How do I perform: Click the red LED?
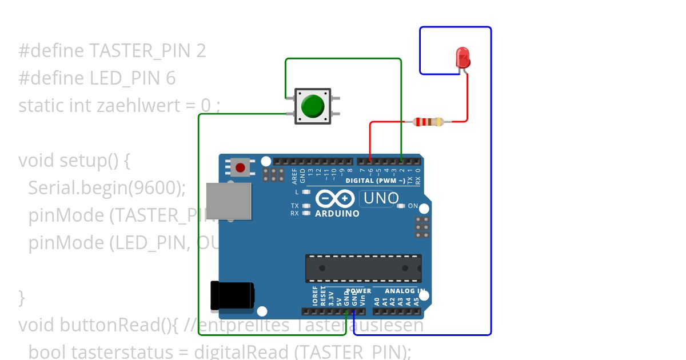tap(462, 58)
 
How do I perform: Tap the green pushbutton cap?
tap(312, 106)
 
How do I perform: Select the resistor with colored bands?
tap(428, 121)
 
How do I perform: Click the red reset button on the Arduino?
tap(241, 168)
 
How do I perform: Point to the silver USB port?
tap(229, 201)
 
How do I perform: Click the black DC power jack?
tap(231, 295)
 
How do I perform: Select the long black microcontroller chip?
tap(363, 268)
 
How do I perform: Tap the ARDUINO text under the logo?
tap(337, 214)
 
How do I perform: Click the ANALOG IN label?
tap(405, 291)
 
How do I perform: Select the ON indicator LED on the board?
tap(401, 206)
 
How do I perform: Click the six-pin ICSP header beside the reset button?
tap(274, 174)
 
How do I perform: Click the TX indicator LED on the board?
tap(306, 206)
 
